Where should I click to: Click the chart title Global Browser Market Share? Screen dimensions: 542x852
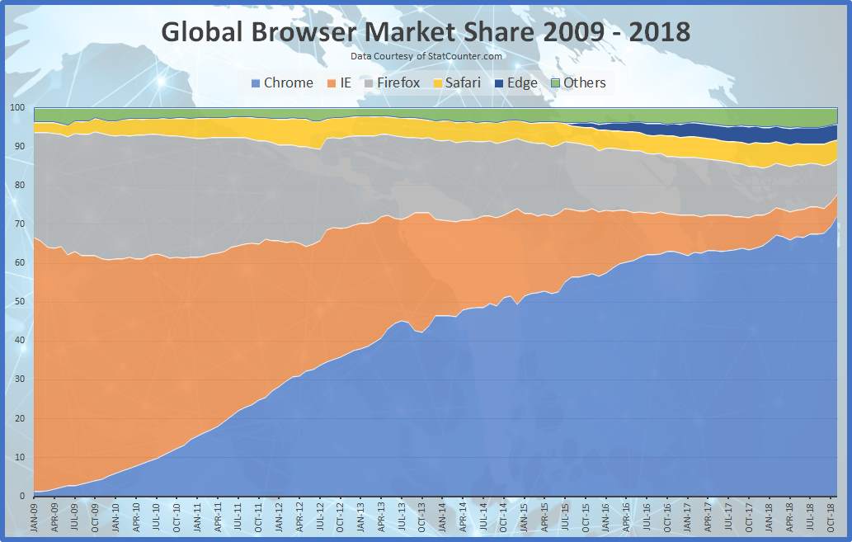426,31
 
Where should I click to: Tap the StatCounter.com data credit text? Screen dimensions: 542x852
426,56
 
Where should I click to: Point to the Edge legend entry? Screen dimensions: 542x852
515,82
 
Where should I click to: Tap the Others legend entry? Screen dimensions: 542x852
577,82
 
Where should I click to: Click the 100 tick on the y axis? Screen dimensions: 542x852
16,108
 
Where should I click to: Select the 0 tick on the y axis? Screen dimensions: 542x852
21,496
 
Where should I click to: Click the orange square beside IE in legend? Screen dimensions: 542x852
332,83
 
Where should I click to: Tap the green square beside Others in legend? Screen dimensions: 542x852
555,83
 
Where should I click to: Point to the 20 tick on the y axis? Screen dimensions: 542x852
16,418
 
